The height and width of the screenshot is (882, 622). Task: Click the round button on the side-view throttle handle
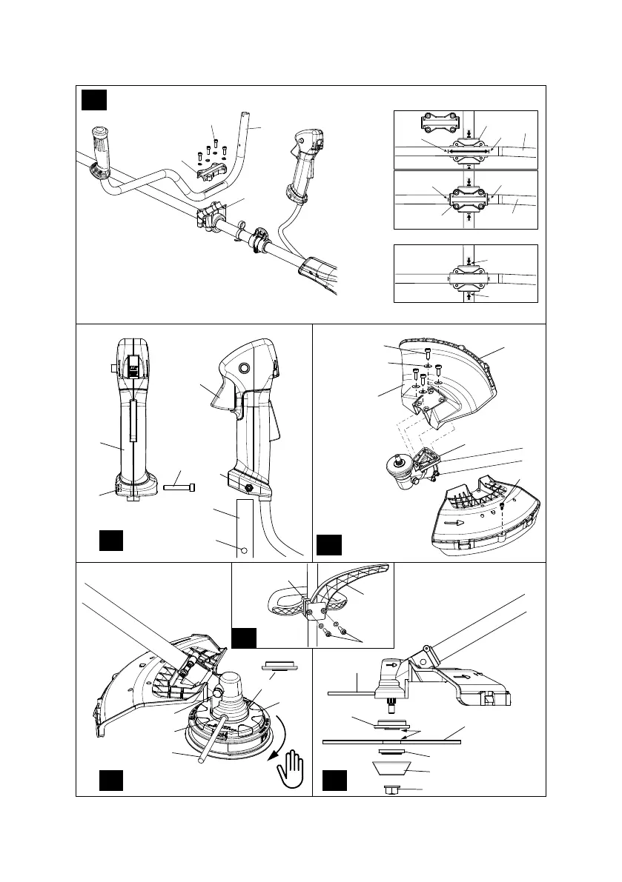[242, 367]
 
